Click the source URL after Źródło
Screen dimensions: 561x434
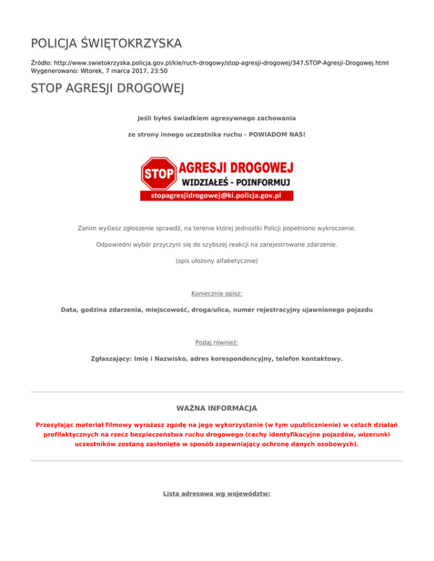click(x=221, y=63)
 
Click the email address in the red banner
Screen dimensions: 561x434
click(x=217, y=195)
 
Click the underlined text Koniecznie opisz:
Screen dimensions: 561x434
click(x=217, y=293)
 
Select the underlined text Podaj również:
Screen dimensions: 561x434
click(x=217, y=342)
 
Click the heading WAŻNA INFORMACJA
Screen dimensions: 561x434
click(x=217, y=407)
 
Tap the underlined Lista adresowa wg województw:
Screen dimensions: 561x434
click(x=217, y=493)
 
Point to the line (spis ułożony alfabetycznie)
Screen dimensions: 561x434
click(x=217, y=261)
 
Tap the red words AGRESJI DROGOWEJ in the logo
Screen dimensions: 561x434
click(x=236, y=166)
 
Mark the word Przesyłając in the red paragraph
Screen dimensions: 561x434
click(x=55, y=424)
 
